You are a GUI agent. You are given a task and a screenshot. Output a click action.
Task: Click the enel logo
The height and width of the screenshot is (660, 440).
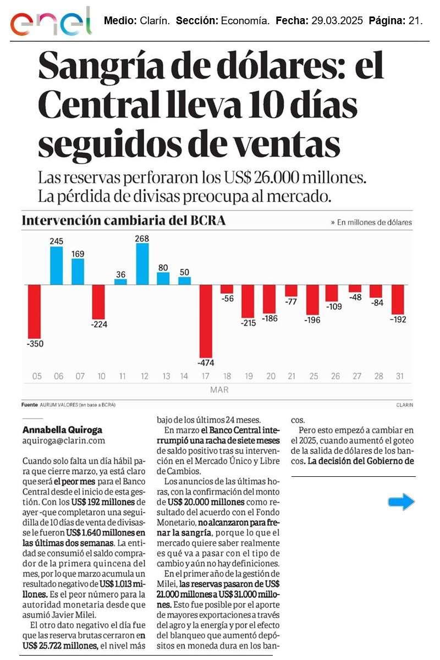(x=51, y=22)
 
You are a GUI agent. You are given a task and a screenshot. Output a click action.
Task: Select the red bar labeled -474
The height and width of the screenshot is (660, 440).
(x=206, y=321)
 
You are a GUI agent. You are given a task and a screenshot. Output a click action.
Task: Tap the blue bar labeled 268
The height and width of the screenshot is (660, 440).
(x=142, y=263)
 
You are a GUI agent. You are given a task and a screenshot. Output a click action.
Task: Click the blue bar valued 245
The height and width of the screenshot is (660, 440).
(x=57, y=266)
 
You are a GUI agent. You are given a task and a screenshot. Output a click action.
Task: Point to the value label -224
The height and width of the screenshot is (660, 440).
(x=99, y=324)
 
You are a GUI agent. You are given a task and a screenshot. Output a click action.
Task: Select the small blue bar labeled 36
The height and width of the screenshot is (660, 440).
(x=120, y=282)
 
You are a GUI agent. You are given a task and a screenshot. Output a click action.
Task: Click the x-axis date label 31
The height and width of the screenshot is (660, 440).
(x=399, y=377)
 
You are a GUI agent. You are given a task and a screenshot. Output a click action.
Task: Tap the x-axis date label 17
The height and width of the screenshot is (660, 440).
(x=206, y=377)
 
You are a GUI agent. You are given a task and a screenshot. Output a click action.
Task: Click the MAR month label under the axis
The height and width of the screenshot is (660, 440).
(x=218, y=390)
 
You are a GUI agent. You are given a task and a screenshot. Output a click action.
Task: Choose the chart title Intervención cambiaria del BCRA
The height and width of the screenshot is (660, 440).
(x=124, y=221)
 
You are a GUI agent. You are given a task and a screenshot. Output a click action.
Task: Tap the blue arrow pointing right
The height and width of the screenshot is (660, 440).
(x=401, y=501)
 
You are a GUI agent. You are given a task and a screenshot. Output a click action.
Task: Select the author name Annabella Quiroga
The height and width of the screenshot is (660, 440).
(x=62, y=430)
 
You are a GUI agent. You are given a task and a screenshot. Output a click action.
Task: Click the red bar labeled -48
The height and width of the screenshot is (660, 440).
(x=355, y=288)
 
